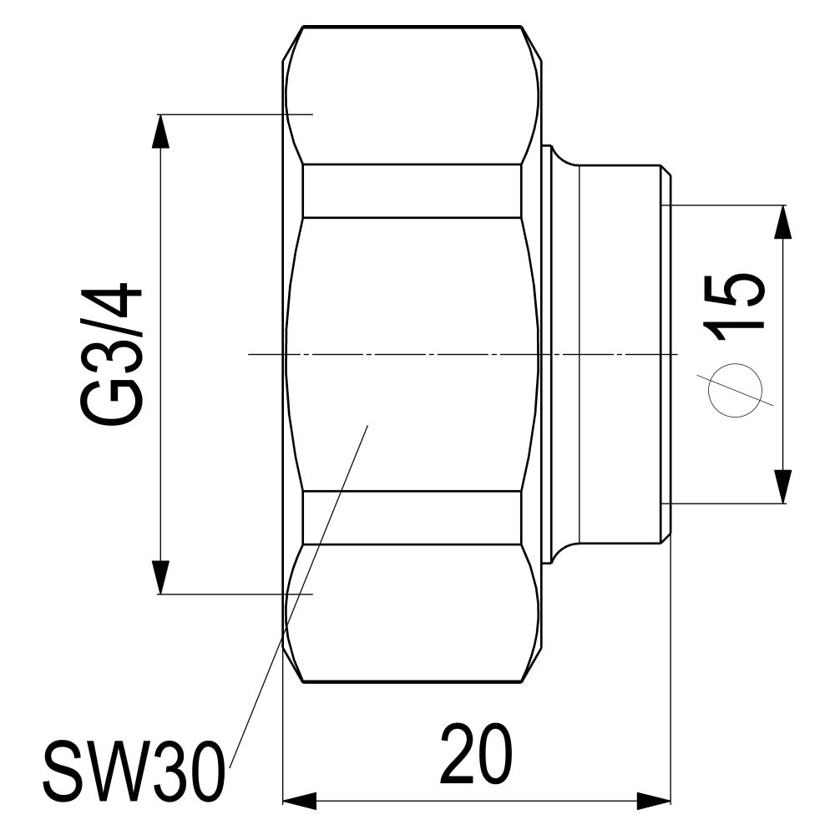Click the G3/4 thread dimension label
(111, 355)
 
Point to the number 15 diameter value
(734, 307)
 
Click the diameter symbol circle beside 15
(735, 391)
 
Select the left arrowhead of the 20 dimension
(299, 801)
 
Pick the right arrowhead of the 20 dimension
(654, 801)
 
